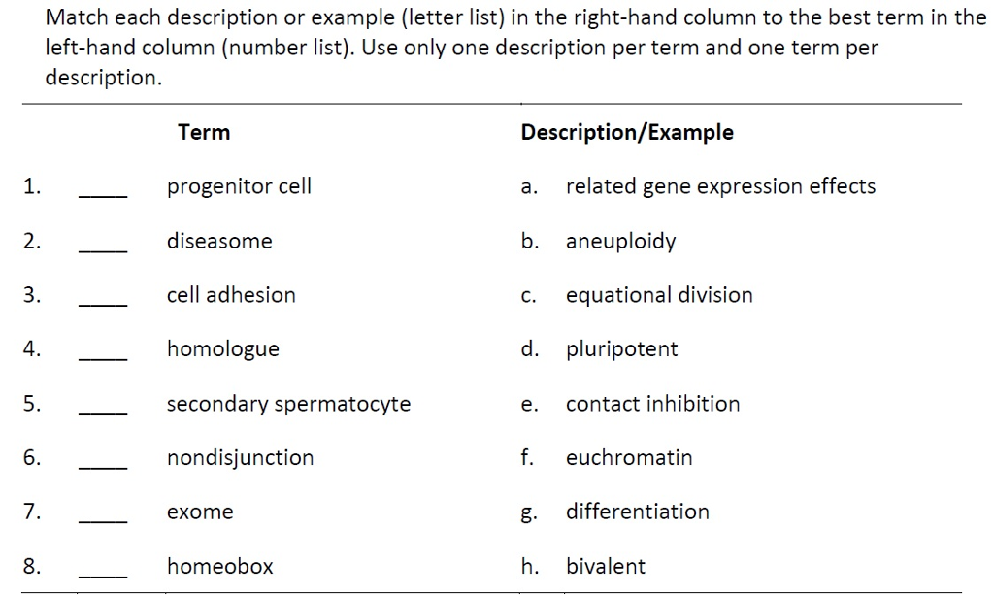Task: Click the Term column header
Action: [x=204, y=132]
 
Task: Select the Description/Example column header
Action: [x=627, y=132]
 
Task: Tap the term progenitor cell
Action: [x=239, y=186]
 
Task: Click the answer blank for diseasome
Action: [x=103, y=251]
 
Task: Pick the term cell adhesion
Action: [x=231, y=295]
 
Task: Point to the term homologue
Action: [x=223, y=349]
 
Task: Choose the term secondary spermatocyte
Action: [x=288, y=404]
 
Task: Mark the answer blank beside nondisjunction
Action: [x=103, y=468]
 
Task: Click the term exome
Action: [x=200, y=512]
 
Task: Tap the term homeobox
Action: [x=220, y=566]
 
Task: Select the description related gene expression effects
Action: [x=721, y=186]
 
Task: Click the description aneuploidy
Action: [x=620, y=242]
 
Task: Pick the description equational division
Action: [x=659, y=295]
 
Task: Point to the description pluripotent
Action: [x=622, y=349]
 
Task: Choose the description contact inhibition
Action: [x=653, y=404]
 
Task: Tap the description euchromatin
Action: [x=629, y=457]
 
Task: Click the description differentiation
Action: [x=638, y=512]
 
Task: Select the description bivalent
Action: [x=606, y=566]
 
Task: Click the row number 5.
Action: [x=32, y=404]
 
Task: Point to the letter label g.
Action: [x=528, y=513]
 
